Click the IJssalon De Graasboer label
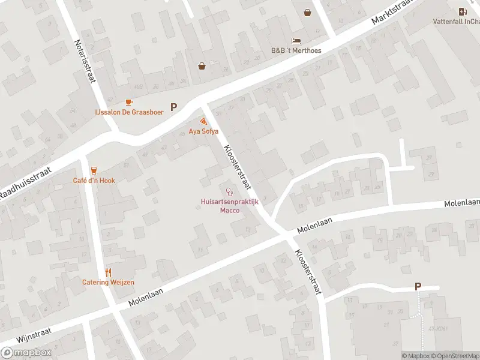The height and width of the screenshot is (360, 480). (129, 112)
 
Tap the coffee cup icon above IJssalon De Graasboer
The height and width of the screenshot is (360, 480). (129, 103)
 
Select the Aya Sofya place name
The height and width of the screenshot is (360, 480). (203, 131)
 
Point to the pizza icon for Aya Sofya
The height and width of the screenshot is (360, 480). (204, 121)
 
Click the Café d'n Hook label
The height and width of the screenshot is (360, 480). (94, 180)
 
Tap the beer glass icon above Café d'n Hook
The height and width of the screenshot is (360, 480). (94, 171)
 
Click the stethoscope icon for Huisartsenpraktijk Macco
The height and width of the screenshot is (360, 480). (229, 191)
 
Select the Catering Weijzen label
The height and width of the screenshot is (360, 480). (108, 282)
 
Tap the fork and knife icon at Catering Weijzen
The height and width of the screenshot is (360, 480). (109, 272)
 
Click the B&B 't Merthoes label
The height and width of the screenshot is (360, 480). (296, 50)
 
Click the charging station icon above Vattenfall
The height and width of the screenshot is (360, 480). (462, 11)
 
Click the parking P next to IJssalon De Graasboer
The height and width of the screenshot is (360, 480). (174, 107)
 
